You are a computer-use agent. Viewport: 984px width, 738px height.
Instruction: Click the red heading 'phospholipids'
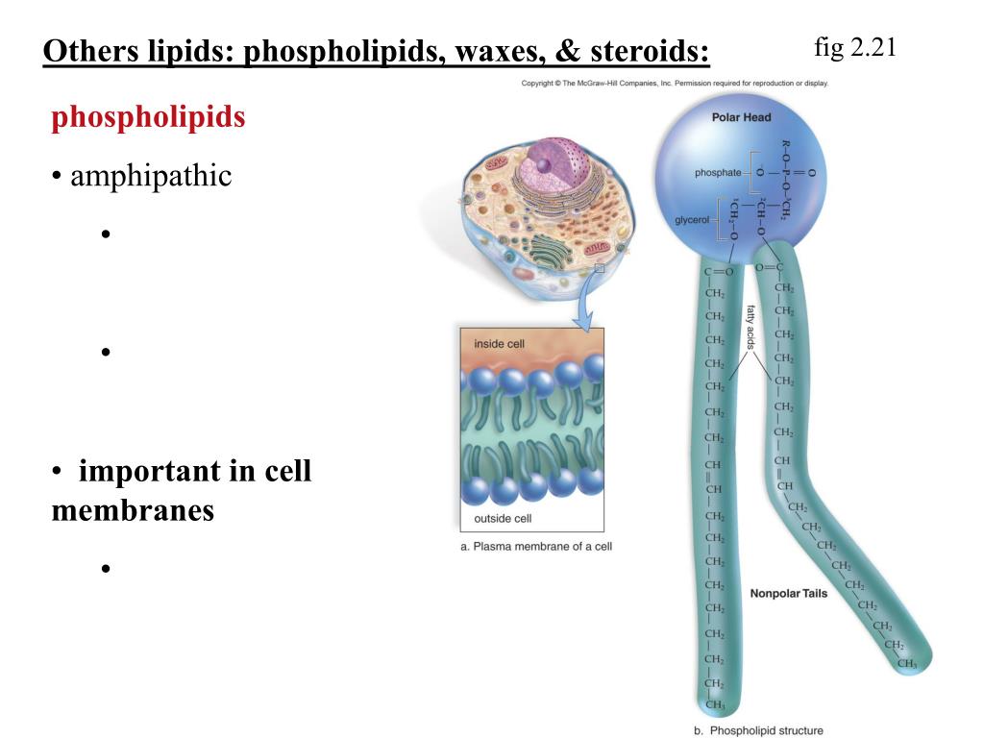[148, 117]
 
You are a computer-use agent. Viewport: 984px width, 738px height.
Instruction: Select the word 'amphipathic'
[151, 176]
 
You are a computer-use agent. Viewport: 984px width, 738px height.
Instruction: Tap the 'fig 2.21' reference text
[854, 47]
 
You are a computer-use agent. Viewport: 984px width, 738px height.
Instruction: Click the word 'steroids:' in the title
[650, 51]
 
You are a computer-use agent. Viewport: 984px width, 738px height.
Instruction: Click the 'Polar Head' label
[741, 117]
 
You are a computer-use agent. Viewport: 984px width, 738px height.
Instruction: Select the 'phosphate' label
[718, 172]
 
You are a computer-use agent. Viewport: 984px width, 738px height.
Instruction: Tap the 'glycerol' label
[691, 220]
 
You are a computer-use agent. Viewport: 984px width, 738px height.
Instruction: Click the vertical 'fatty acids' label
[751, 327]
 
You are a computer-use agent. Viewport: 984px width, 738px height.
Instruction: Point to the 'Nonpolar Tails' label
[788, 594]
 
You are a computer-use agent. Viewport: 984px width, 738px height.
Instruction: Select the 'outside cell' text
[503, 519]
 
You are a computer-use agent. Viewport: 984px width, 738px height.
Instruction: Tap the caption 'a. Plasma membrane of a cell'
[536, 546]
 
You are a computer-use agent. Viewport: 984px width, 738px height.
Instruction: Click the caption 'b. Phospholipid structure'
[758, 730]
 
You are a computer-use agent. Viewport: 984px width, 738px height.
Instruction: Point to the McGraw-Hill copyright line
[675, 84]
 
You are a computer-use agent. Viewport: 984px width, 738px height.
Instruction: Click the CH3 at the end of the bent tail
[906, 663]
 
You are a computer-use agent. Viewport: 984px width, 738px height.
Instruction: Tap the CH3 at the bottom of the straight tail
[715, 705]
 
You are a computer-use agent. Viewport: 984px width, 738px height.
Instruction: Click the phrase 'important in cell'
[195, 472]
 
